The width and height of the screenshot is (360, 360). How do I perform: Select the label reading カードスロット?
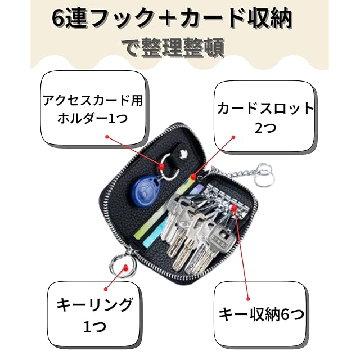(x=265, y=109)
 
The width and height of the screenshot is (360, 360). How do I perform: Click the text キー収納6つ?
(x=262, y=314)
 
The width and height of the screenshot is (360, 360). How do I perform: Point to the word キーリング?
(x=94, y=305)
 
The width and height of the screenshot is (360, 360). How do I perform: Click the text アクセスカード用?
(x=93, y=100)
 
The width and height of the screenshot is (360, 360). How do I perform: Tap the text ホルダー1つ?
(x=92, y=119)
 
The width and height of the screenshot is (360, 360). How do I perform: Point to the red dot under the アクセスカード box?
(x=107, y=137)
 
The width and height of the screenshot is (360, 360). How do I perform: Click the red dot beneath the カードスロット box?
(x=233, y=137)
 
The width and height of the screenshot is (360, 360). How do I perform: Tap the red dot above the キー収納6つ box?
(x=248, y=299)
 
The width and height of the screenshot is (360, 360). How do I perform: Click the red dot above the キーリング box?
(x=106, y=289)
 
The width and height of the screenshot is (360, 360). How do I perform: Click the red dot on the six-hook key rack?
(x=234, y=208)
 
